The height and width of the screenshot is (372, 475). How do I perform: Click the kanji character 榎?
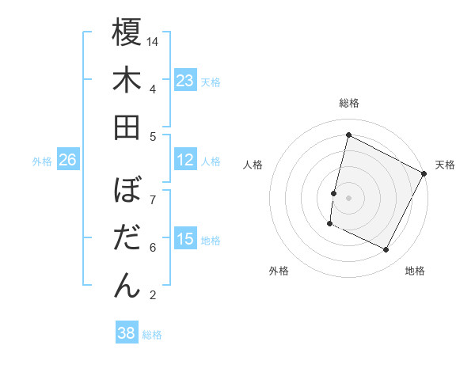(127, 33)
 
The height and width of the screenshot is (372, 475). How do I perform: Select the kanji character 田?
(127, 127)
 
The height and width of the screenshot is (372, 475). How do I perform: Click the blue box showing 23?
(185, 81)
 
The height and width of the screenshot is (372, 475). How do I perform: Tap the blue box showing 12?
(185, 161)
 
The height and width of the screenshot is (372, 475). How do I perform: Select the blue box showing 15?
(185, 240)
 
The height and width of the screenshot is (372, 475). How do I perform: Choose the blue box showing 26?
(68, 161)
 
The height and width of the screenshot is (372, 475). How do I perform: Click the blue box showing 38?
(127, 333)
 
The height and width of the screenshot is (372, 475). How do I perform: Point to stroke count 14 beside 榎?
(154, 40)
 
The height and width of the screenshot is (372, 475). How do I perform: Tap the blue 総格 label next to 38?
(152, 335)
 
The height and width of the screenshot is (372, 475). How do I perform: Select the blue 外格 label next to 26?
(42, 161)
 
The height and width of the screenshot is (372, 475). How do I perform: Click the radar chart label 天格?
(445, 165)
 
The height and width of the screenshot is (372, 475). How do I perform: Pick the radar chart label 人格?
(253, 165)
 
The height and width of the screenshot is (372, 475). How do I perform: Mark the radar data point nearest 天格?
(424, 173)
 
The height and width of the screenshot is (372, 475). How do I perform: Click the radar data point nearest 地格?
(386, 250)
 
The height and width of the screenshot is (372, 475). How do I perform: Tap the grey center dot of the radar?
(348, 198)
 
